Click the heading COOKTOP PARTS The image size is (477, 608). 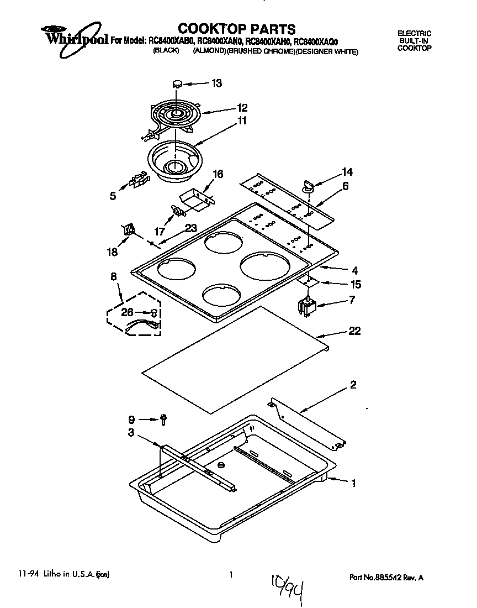coord(237,29)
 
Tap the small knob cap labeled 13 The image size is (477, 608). coord(177,83)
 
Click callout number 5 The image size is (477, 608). coord(113,195)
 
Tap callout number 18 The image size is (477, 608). coord(112,251)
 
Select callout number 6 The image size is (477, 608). coord(345,186)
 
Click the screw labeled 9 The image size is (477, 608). coord(164,420)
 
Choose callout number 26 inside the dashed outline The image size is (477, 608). coord(127,312)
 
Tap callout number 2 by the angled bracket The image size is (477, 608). coord(353,385)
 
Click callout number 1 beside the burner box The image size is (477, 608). coord(353,483)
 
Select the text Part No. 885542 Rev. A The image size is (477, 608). coord(386,577)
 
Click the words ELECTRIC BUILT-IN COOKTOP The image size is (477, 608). coord(414,41)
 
